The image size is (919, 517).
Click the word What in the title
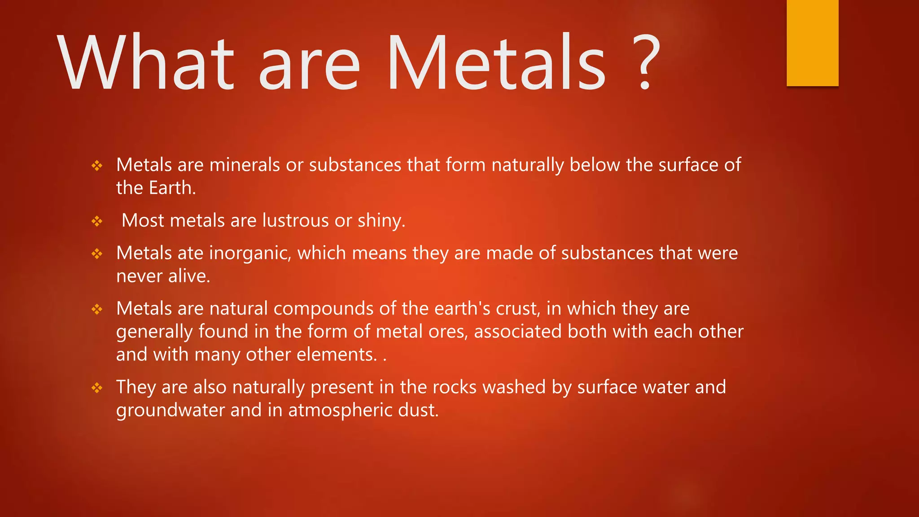(146, 63)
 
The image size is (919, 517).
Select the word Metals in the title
(496, 63)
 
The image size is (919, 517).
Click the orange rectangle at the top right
(812, 43)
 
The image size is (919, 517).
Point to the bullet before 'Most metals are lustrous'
(97, 221)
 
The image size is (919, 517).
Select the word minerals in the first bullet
(245, 165)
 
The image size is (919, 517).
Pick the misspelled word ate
(190, 254)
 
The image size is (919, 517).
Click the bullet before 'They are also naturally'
(97, 388)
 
